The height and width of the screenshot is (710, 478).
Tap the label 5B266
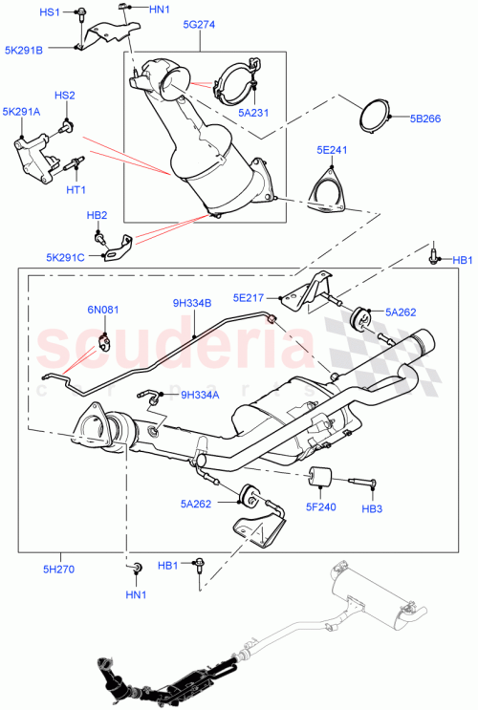(x=426, y=120)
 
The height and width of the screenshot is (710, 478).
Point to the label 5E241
(x=332, y=150)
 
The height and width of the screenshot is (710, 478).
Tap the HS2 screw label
(x=64, y=96)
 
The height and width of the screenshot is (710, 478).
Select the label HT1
(x=76, y=190)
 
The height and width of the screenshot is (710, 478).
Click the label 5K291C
(x=65, y=256)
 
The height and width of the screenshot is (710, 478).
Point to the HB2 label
(x=98, y=216)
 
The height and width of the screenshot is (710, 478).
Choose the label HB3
(x=372, y=510)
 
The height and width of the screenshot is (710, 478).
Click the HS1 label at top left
(x=49, y=11)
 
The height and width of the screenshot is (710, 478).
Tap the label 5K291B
(x=25, y=50)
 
